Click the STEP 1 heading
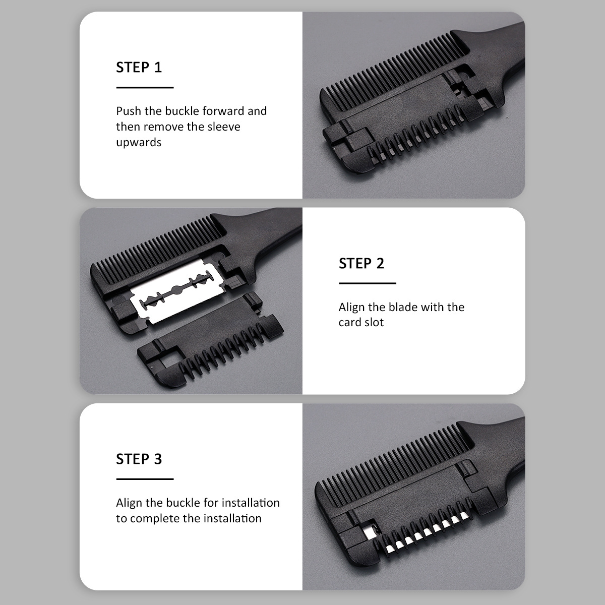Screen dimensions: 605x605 coord(139,68)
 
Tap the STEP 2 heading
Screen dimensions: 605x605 coord(361,263)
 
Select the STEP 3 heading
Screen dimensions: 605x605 coord(139,459)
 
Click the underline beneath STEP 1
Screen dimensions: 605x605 coord(145,87)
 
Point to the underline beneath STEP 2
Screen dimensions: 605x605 coord(368,283)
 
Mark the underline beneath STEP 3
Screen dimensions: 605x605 coord(145,479)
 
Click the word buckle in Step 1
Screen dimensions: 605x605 coord(182,111)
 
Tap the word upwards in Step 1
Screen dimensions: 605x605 coord(139,143)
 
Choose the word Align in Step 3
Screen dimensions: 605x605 coord(129,503)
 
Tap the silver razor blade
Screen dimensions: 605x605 coord(177,291)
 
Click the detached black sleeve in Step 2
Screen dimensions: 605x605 coord(210,340)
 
